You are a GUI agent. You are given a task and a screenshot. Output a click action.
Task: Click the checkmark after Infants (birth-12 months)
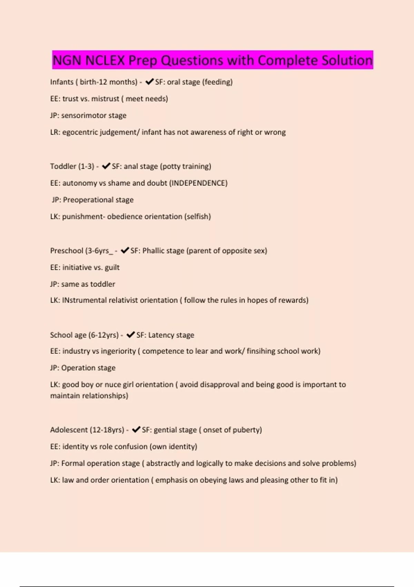(149, 82)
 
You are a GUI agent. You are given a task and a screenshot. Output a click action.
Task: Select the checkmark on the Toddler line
(106, 166)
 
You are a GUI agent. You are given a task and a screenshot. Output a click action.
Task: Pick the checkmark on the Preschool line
(125, 250)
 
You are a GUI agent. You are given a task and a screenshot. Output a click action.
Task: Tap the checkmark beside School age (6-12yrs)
(130, 335)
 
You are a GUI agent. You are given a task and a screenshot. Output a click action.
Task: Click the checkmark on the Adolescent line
(136, 430)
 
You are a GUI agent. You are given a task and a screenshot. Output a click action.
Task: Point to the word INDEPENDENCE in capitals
(198, 183)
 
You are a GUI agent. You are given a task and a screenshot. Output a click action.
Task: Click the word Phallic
(155, 251)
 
